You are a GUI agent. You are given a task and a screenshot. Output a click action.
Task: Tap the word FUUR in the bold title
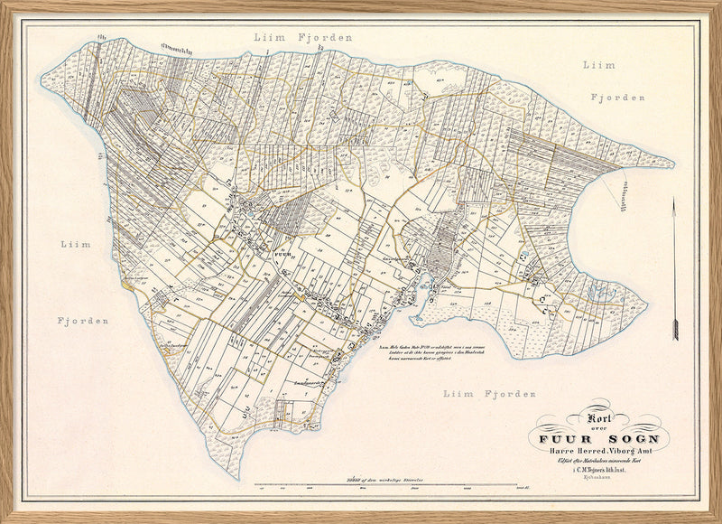pyautogui.click(x=567, y=441)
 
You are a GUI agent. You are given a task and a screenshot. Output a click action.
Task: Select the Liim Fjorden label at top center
pyautogui.click(x=302, y=38)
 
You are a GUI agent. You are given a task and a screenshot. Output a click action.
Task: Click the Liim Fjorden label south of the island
pyautogui.click(x=490, y=394)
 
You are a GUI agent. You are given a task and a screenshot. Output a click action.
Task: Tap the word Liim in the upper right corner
pyautogui.click(x=598, y=65)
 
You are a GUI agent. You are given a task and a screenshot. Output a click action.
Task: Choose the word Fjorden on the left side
pyautogui.click(x=84, y=321)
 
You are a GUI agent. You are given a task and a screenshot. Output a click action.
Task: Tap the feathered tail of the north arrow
pyautogui.click(x=673, y=330)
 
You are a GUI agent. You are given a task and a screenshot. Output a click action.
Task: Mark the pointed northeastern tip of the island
pyautogui.click(x=672, y=164)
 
